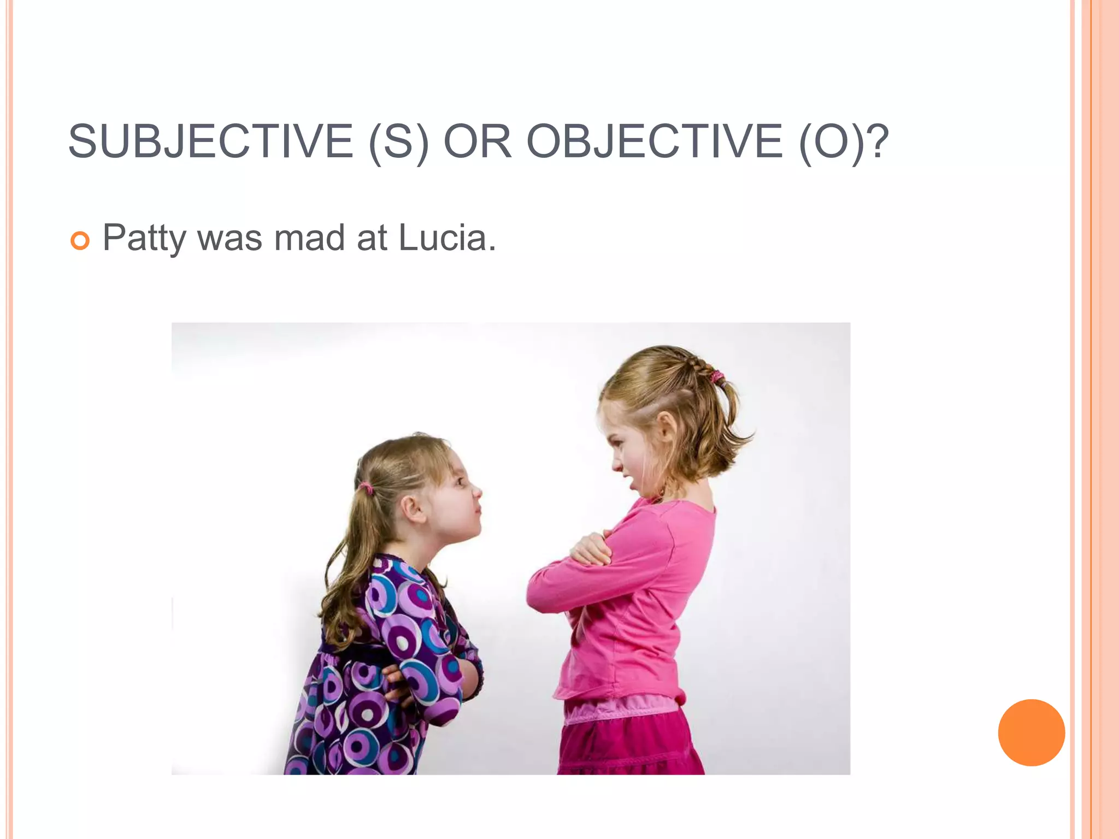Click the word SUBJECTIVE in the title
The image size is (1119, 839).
(211, 141)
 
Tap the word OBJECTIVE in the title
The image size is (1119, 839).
(654, 141)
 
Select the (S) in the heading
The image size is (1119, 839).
(398, 143)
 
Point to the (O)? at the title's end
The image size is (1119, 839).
(844, 143)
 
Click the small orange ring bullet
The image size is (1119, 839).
(80, 240)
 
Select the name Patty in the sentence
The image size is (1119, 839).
(144, 238)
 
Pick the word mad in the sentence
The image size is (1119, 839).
(309, 238)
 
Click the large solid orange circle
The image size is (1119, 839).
(1031, 732)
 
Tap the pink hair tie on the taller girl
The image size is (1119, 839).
(716, 376)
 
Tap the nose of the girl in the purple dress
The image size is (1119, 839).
(476, 492)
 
